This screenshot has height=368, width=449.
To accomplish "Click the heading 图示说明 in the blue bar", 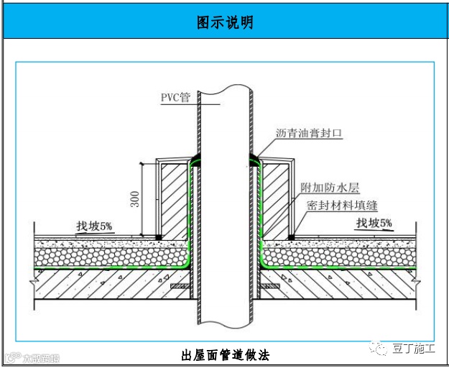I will tap(224, 22).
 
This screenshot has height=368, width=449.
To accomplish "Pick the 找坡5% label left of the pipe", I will tap(95, 226).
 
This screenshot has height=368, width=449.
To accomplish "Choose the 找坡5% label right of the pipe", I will tap(374, 224).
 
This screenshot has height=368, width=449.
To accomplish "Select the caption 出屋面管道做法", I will tap(225, 354).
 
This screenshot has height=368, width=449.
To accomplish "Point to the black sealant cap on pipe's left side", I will tap(195, 157).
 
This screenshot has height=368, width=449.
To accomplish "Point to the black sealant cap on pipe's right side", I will tap(254, 157).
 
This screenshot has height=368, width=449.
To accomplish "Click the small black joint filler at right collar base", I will tap(291, 236).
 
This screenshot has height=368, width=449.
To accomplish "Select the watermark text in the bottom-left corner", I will tap(32, 357).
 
